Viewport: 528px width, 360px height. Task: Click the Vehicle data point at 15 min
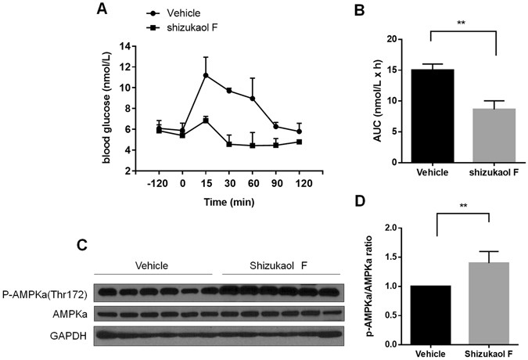tap(205, 76)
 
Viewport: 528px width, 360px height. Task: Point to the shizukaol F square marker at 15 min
tap(205, 121)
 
